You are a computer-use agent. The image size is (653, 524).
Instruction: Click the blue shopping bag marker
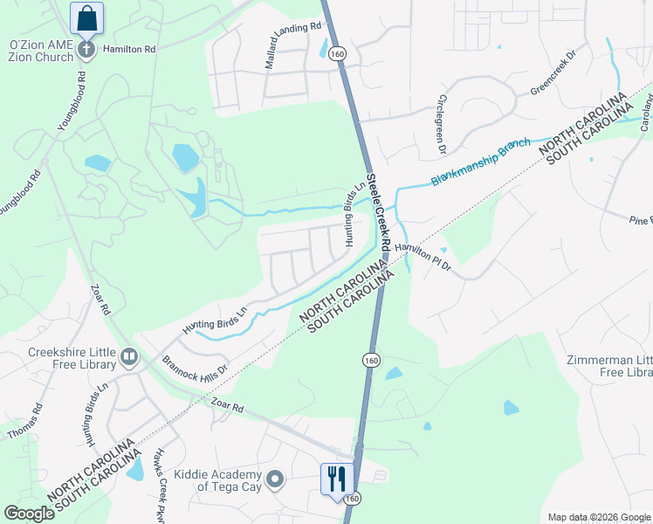(86, 17)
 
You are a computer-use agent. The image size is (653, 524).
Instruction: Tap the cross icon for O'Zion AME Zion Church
(86, 49)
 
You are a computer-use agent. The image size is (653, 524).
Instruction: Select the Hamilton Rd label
(128, 50)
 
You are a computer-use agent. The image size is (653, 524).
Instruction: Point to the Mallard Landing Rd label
(292, 46)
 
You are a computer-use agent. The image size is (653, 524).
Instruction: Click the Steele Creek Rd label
(382, 209)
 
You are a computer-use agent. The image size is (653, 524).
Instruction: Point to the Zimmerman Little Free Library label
(609, 367)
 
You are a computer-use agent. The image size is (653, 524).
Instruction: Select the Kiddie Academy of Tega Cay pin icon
(275, 479)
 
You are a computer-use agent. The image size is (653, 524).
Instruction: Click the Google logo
(29, 514)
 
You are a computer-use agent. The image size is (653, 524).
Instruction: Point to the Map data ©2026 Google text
(599, 517)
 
